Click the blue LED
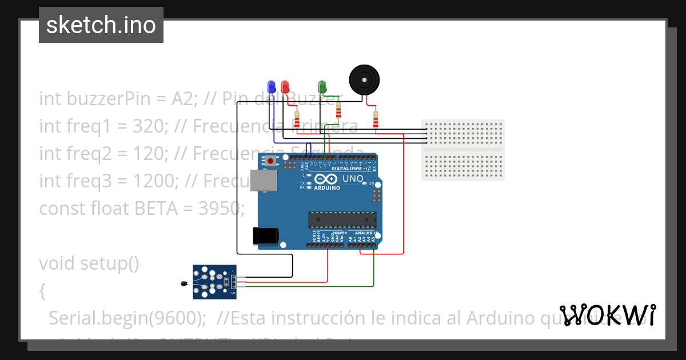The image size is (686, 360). pyautogui.click(x=272, y=86)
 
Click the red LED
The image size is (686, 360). pyautogui.click(x=285, y=86)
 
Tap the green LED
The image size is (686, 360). pyautogui.click(x=322, y=86)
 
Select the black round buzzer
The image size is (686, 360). pyautogui.click(x=364, y=79)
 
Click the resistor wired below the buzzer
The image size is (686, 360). pyautogui.click(x=376, y=119)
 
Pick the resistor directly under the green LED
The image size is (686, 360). pyautogui.click(x=338, y=110)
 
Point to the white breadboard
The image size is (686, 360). pyautogui.click(x=462, y=150)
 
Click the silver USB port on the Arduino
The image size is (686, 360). pyautogui.click(x=264, y=181)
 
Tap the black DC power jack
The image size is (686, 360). pyautogui.click(x=266, y=235)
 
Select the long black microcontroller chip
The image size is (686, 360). pyautogui.click(x=342, y=219)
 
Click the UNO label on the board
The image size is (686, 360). pyautogui.click(x=353, y=179)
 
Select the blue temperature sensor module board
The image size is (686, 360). pyautogui.click(x=214, y=282)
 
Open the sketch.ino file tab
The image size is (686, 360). pyautogui.click(x=101, y=25)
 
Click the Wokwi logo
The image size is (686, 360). pyautogui.click(x=608, y=315)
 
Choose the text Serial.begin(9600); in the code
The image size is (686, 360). pyautogui.click(x=127, y=318)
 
